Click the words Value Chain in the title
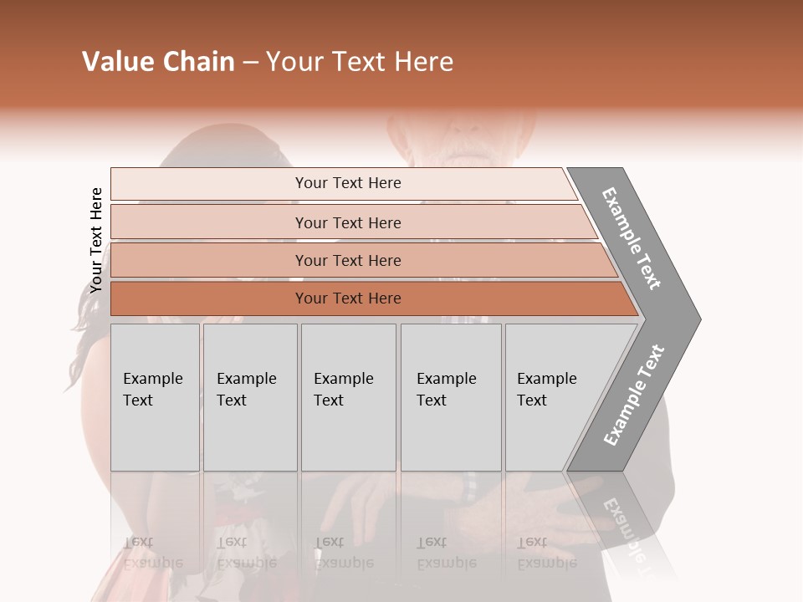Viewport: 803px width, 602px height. [x=158, y=62]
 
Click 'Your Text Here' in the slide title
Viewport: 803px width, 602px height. [x=360, y=62]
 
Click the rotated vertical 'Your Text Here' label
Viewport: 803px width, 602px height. [x=96, y=241]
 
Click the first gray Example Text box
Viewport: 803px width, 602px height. [x=155, y=397]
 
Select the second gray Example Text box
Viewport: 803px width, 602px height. [x=250, y=397]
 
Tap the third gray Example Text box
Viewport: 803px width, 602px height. [x=348, y=397]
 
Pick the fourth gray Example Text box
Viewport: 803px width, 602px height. [x=451, y=397]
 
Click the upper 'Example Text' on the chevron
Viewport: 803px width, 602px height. [x=632, y=238]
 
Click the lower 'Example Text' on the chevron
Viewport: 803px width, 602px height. [x=634, y=395]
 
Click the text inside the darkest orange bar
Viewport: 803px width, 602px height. [x=348, y=298]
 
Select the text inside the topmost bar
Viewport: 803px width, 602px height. [x=348, y=183]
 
